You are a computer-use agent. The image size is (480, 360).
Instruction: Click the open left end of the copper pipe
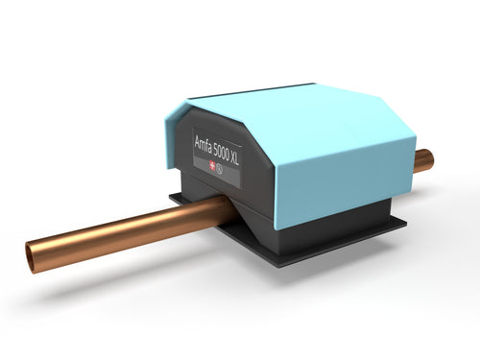tap(34, 256)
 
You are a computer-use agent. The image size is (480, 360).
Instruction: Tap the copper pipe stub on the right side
tap(423, 160)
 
